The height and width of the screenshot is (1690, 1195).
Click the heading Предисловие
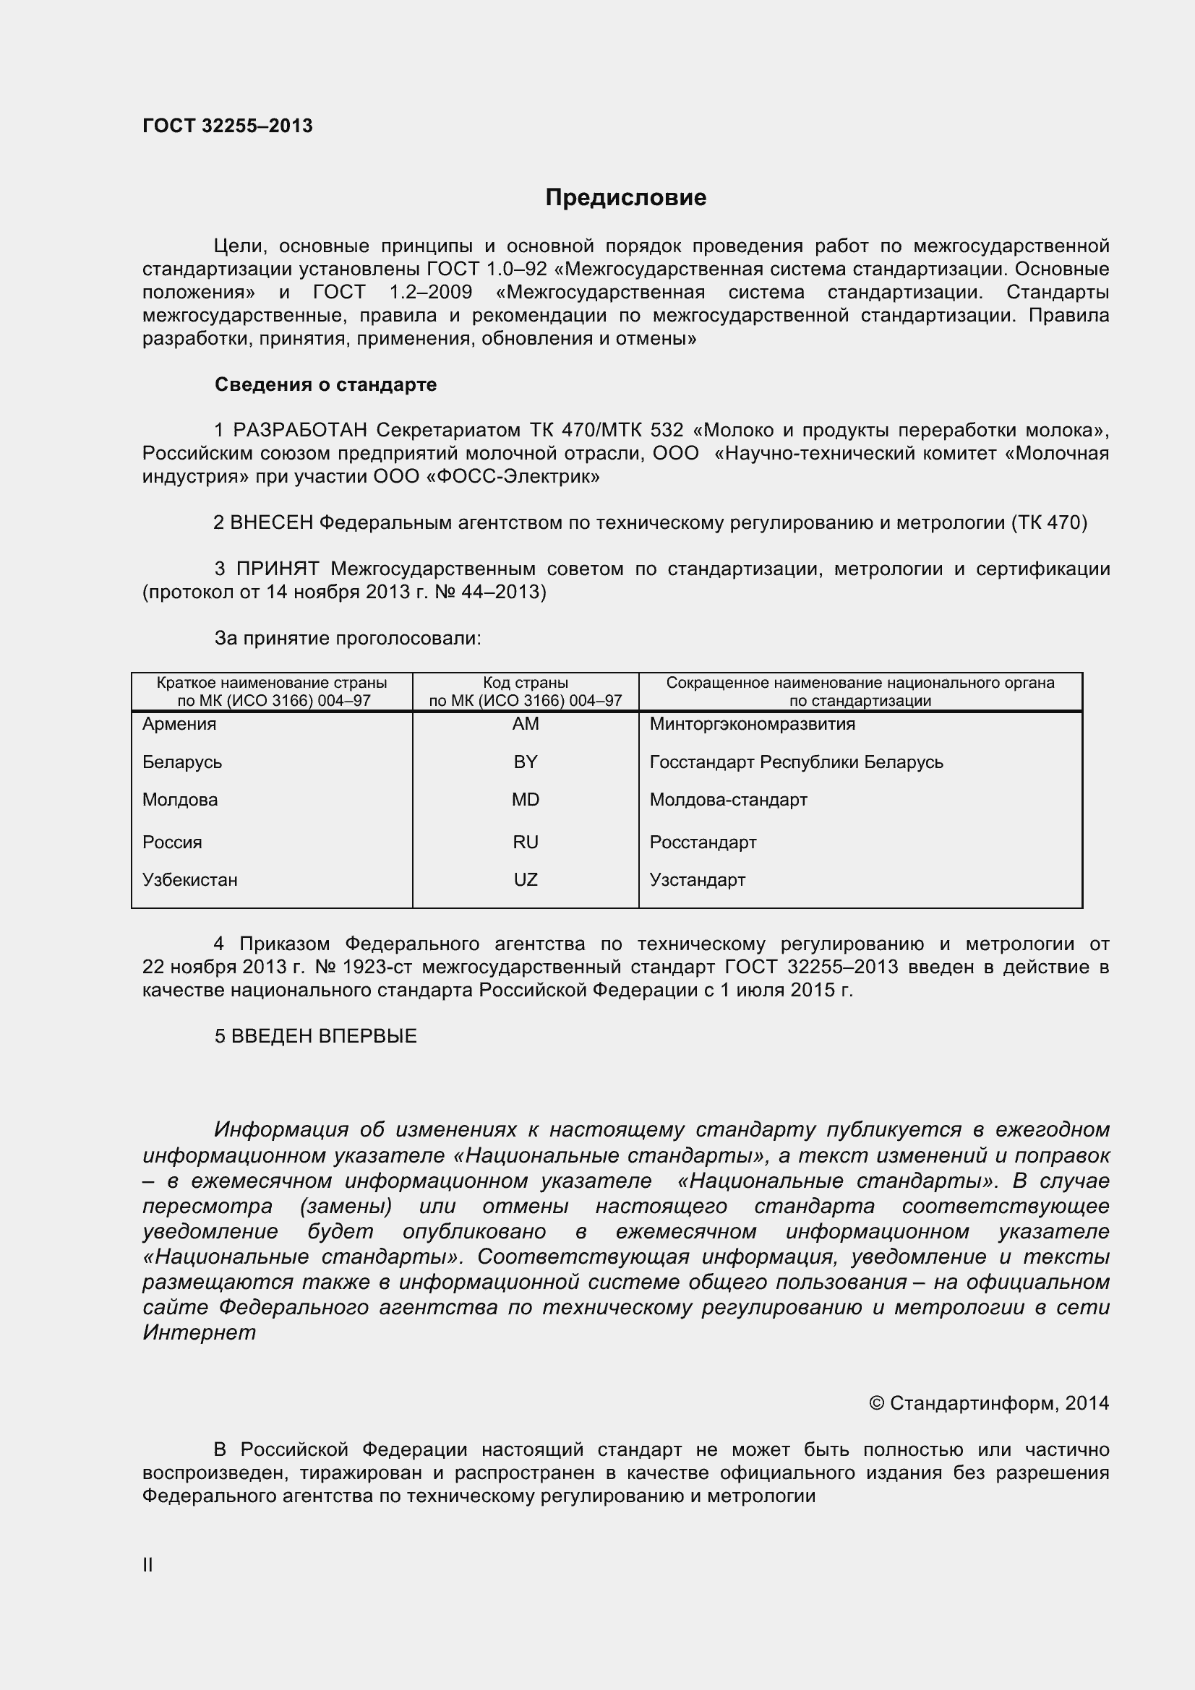pyautogui.click(x=625, y=197)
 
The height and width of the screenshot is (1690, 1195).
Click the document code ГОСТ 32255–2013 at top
pyautogui.click(x=228, y=126)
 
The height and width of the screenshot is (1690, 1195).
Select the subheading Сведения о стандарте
pyautogui.click(x=325, y=384)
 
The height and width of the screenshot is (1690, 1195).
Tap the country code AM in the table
pyautogui.click(x=525, y=723)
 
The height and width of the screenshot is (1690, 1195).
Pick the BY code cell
pyautogui.click(x=525, y=762)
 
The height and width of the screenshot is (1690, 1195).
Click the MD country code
pyautogui.click(x=525, y=799)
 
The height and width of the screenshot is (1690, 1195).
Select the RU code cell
pyautogui.click(x=525, y=842)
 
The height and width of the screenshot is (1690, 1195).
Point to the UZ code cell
pyautogui.click(x=525, y=879)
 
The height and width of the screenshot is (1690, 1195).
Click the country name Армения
pyautogui.click(x=179, y=723)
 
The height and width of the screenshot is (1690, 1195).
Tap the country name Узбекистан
pyautogui.click(x=190, y=879)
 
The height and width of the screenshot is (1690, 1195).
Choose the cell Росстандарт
pyautogui.click(x=703, y=842)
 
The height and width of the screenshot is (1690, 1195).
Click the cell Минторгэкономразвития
pyautogui.click(x=752, y=723)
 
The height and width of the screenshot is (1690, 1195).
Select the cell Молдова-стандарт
pyautogui.click(x=728, y=799)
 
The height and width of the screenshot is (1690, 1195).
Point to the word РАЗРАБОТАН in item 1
pyautogui.click(x=300, y=430)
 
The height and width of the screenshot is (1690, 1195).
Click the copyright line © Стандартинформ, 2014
pyautogui.click(x=989, y=1403)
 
